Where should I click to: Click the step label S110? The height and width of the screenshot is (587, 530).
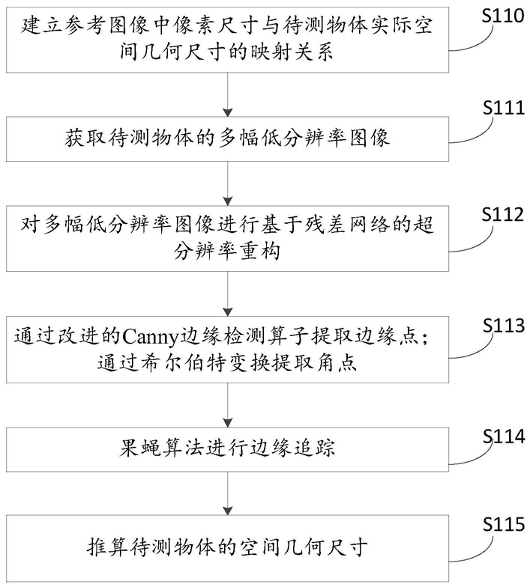pos(503,16)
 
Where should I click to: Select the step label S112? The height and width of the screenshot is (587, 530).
pos(503,214)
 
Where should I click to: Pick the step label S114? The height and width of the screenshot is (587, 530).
pos(504,436)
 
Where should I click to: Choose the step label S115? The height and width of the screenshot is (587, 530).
pos(504,524)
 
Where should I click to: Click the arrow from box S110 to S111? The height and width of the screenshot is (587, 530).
pos(228,94)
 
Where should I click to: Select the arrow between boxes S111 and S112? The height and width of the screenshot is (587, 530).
pos(228,183)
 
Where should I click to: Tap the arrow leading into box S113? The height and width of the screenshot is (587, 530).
pos(228,293)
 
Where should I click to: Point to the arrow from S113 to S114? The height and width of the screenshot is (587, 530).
pos(228,405)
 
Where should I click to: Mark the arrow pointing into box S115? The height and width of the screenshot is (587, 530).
pos(228,493)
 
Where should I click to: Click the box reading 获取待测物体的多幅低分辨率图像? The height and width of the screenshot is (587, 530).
pos(228,139)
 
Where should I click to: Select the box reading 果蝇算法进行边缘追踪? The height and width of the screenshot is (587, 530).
pos(228,449)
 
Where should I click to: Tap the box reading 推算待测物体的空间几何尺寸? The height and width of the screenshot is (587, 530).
pos(228,548)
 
